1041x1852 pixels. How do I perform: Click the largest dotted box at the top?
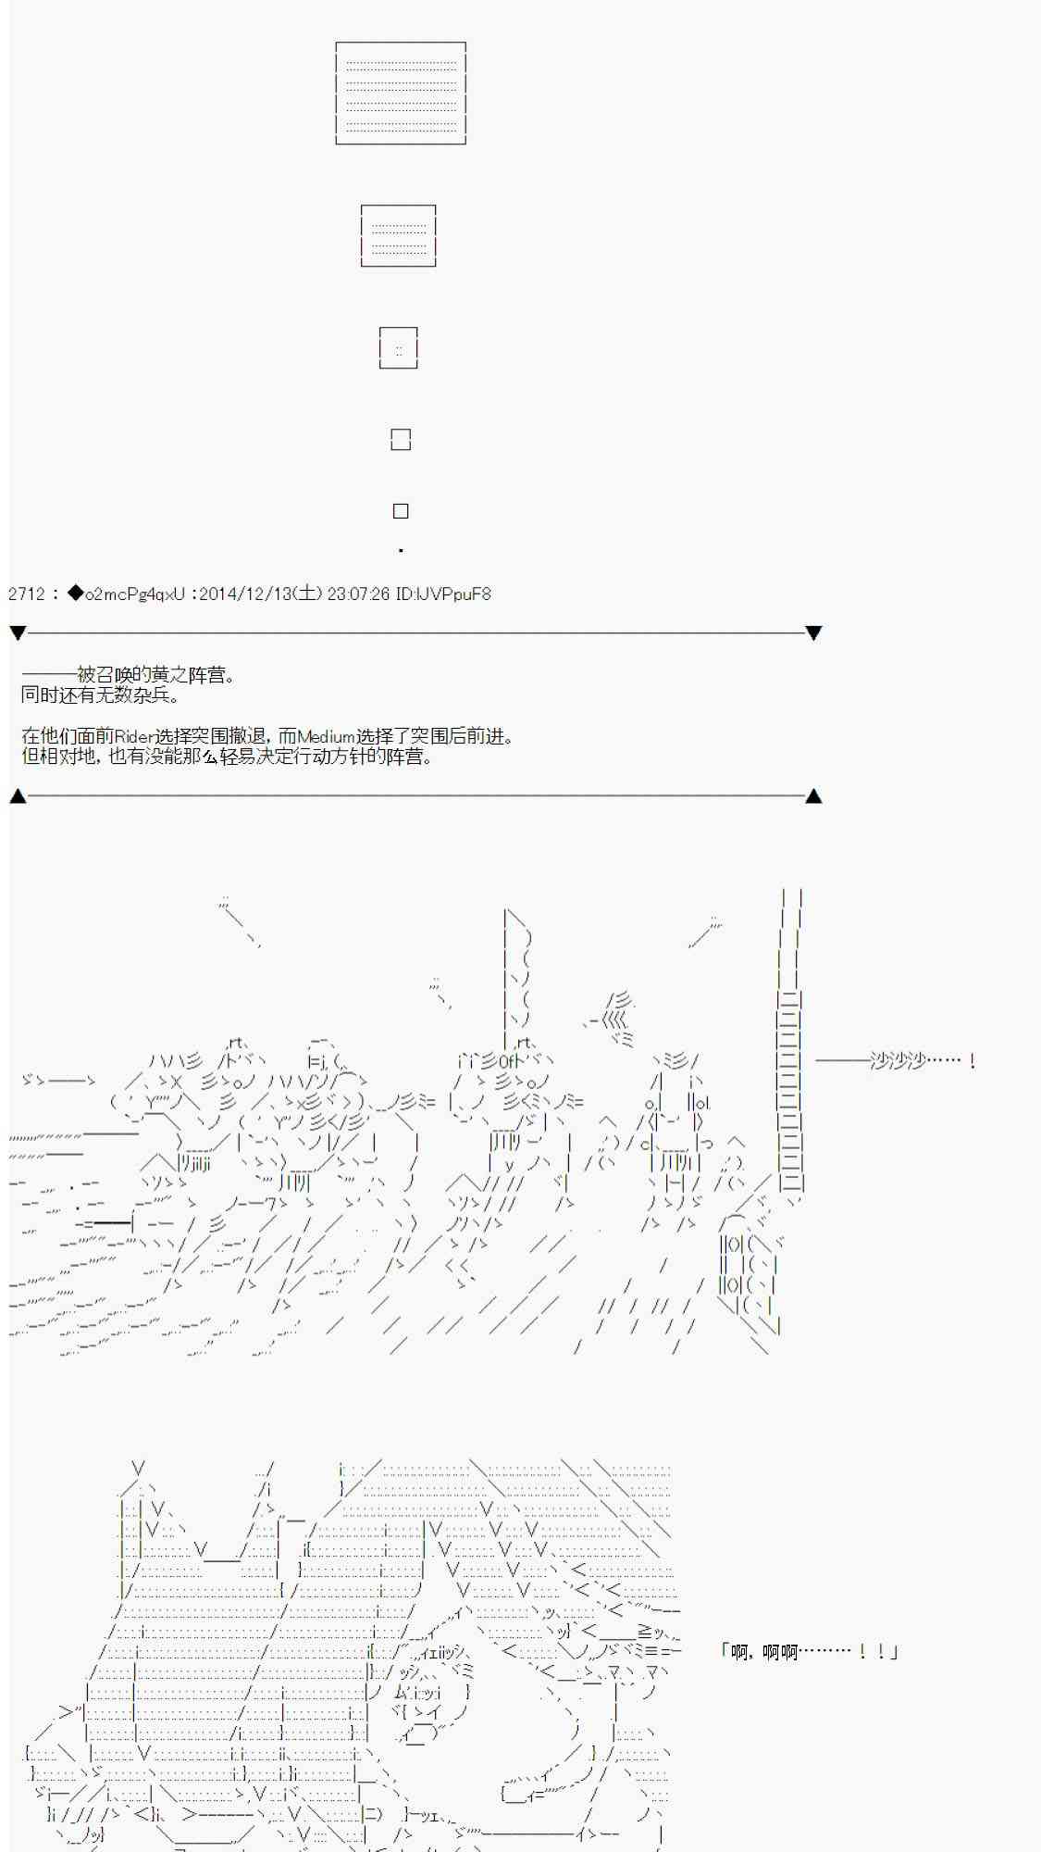[401, 44]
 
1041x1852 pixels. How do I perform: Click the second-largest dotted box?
[398, 206]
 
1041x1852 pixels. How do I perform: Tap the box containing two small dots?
[399, 329]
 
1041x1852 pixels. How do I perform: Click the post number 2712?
[27, 594]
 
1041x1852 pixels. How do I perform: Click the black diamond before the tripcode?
[76, 594]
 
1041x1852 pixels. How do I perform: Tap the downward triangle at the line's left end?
[18, 633]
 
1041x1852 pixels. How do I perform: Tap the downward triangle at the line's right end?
[813, 633]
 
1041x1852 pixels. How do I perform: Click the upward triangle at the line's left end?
[18, 795]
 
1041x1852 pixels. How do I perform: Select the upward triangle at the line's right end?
[813, 795]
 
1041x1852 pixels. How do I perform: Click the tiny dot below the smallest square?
[401, 551]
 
